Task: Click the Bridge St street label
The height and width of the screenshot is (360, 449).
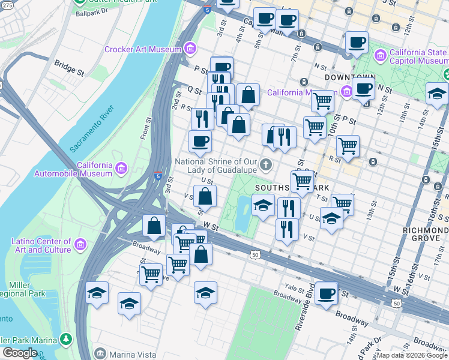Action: click(68, 67)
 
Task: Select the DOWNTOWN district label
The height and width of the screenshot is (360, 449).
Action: click(349, 78)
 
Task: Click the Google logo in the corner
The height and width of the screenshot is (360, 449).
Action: click(20, 353)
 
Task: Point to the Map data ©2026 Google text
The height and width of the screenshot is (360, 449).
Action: click(412, 355)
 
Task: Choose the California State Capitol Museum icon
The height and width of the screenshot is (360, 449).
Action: click(380, 56)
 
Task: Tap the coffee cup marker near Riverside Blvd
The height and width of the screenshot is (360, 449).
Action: click(327, 293)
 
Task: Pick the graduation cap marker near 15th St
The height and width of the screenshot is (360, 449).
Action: click(437, 93)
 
